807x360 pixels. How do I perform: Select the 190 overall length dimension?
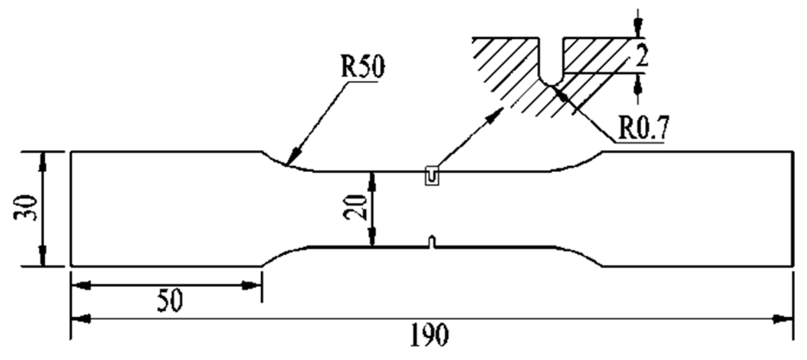point(429,335)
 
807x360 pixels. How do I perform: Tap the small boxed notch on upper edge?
point(432,176)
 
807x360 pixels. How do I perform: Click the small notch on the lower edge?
point(431,242)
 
